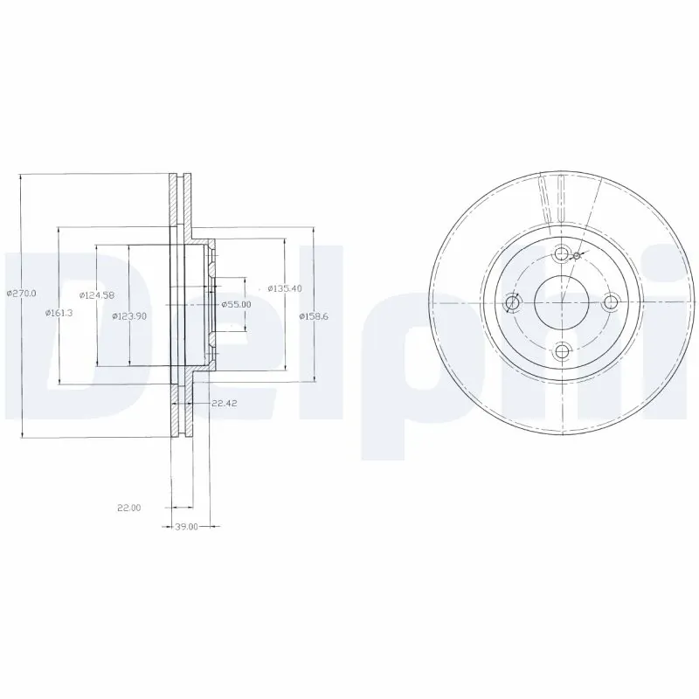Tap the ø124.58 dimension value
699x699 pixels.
tap(94, 294)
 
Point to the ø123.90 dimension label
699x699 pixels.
tap(129, 315)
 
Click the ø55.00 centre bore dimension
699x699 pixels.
tap(236, 303)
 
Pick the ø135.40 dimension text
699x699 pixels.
tap(285, 287)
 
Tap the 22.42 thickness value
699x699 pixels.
tap(225, 403)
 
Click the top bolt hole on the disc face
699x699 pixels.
tap(562, 254)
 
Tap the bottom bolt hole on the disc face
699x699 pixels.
tap(562, 352)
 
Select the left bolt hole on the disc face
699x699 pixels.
tap(513, 303)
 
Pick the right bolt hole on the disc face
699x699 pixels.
tap(611, 303)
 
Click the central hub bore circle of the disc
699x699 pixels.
tap(562, 303)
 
